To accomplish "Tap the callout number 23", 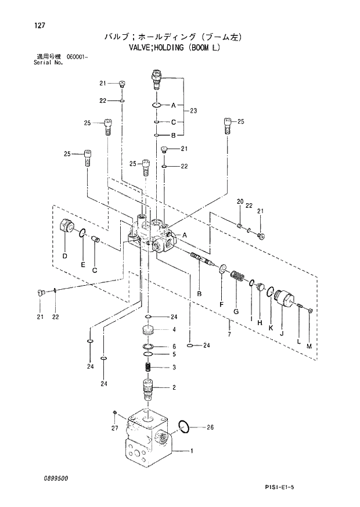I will coord(193,110).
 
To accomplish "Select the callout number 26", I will coord(210,427).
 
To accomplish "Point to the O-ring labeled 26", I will coord(183,426).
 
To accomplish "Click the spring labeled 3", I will coord(148,367).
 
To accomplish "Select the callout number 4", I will coord(173,329).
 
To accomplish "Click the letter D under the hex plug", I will coord(64,256).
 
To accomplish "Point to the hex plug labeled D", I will coord(66,226).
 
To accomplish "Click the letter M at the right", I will coord(308,346).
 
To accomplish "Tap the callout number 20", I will coord(239,202).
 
